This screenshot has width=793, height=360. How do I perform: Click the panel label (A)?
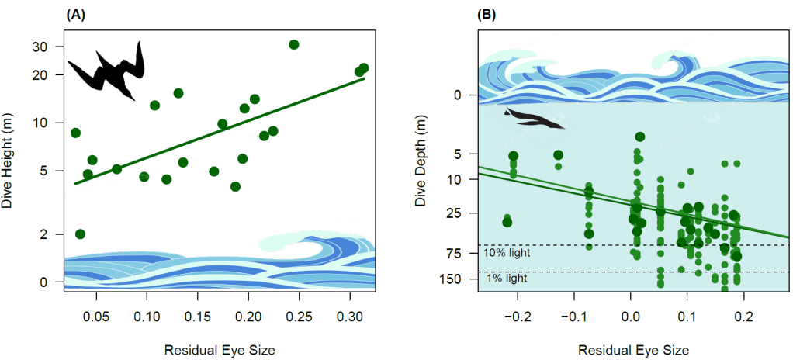pos(76,15)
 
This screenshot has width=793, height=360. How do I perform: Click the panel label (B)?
pos(487,15)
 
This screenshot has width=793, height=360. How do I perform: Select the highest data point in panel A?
pos(294,44)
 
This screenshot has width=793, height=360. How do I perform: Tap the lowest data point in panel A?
pos(80,234)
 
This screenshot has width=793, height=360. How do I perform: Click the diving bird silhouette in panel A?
pos(107,71)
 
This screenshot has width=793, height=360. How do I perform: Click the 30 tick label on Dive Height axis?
pos(47,47)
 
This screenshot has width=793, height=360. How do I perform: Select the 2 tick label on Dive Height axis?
pos(51,234)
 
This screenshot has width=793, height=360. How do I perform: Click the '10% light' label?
pos(507,253)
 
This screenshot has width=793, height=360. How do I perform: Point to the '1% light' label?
pos(507,278)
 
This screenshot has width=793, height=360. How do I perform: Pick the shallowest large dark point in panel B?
pos(640,137)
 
